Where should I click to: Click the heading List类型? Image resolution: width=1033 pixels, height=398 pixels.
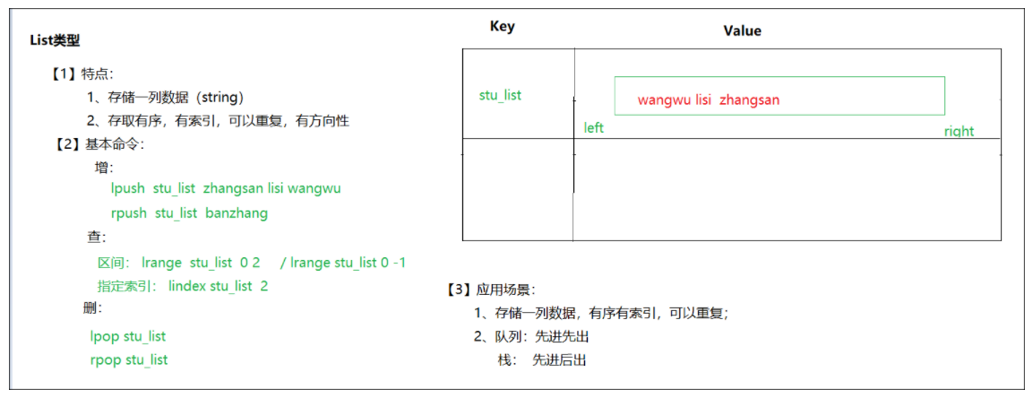click(x=55, y=41)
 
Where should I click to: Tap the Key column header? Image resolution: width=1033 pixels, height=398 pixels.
click(x=503, y=26)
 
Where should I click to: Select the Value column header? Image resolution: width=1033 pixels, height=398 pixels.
click(x=742, y=30)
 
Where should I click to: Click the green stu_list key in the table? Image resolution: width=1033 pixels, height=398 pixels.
click(x=500, y=95)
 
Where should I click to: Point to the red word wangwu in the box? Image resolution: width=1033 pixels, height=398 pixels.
click(x=664, y=99)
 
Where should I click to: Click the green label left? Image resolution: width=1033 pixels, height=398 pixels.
click(x=593, y=128)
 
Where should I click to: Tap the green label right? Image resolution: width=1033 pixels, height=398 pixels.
click(x=959, y=132)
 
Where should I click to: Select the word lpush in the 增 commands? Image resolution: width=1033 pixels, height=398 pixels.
click(x=127, y=188)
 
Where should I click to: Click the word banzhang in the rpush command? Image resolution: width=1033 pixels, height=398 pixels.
click(x=237, y=213)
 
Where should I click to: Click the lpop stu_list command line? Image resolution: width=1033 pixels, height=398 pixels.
click(x=127, y=336)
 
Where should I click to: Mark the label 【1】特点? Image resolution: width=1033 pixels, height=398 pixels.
click(x=82, y=74)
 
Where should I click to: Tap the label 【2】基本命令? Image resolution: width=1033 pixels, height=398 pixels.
click(x=97, y=143)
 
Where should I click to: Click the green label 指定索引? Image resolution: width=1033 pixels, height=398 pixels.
click(x=126, y=286)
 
